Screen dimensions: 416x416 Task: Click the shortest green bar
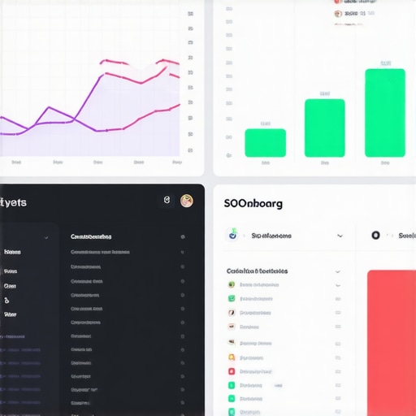pos(265,142)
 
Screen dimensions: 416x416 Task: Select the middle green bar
pos(324,128)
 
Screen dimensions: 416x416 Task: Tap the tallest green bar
pos(384,112)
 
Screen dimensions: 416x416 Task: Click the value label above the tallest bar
pos(385,63)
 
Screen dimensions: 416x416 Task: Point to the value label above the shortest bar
pos(265,123)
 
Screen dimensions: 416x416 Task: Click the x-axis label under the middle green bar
pos(324,162)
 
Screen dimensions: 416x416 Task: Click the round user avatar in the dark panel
pos(187,201)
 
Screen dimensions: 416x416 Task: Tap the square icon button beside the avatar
pos(167,201)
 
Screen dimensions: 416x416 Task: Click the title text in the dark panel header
pos(14,202)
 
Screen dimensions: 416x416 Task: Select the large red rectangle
pos(391,341)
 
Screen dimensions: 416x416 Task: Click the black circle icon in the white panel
pos(375,236)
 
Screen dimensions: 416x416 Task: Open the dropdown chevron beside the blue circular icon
pos(339,236)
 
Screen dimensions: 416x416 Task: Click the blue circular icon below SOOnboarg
pos(233,235)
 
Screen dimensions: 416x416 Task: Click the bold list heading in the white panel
pos(257,271)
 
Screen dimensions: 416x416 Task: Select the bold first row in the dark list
pos(91,237)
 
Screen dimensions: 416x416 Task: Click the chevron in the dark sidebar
pos(46,237)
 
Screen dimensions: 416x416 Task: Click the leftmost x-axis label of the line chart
pos(16,162)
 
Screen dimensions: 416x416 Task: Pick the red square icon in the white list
pos(232,371)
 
